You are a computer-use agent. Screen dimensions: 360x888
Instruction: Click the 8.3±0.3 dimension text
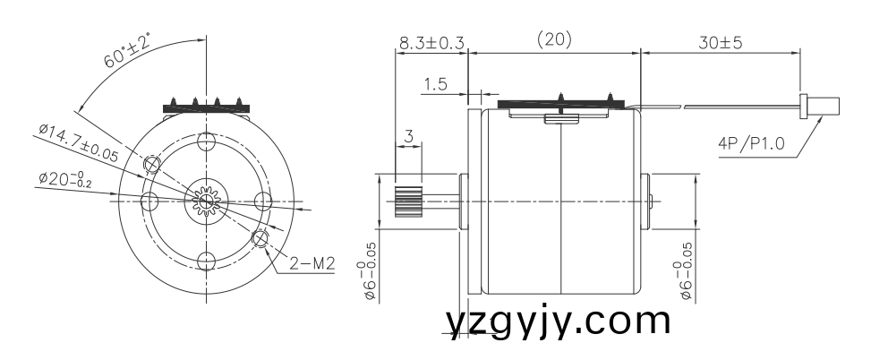[431, 42]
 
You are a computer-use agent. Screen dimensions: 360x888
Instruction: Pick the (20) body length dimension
[553, 40]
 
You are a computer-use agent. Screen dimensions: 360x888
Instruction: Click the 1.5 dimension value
[435, 85]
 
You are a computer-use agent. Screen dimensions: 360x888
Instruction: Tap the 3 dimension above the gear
[408, 137]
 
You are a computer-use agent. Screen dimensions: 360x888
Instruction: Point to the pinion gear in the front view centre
[207, 201]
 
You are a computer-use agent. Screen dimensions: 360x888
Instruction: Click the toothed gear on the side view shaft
[408, 200]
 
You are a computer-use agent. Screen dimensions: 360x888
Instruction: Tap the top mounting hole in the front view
[207, 141]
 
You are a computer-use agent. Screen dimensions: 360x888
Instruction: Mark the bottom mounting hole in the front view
[207, 261]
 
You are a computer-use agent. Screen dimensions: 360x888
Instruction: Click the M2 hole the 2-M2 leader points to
[260, 238]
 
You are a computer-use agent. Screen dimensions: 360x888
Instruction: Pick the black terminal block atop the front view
[207, 107]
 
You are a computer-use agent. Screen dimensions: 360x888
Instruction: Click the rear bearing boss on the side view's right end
[649, 200]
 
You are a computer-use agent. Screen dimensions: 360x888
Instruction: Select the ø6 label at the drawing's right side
[687, 270]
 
